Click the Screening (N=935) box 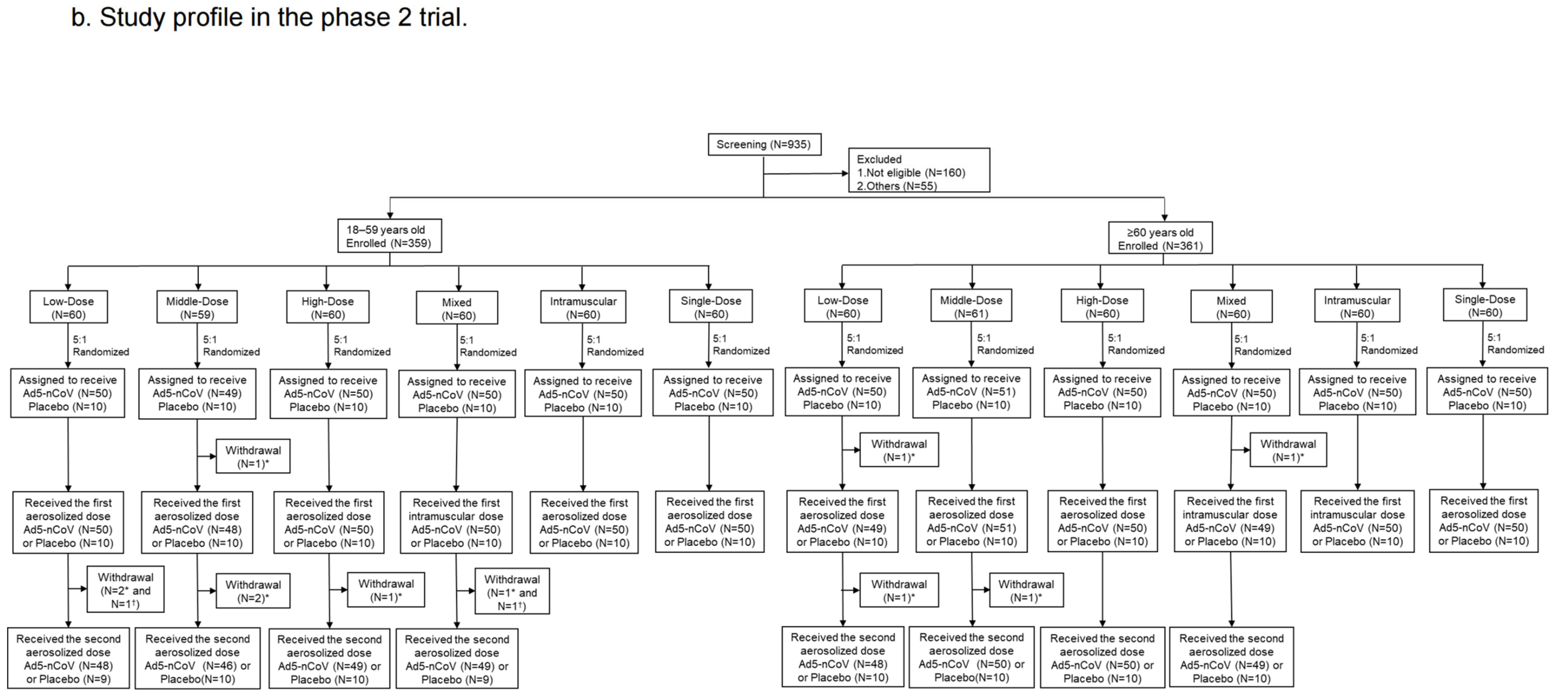(x=764, y=144)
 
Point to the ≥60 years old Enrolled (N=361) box (x=1160, y=238)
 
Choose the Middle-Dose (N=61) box (x=971, y=306)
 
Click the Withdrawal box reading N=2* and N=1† (x=125, y=590)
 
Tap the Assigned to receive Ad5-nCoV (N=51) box (x=971, y=392)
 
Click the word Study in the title (x=131, y=17)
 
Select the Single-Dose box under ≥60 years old (x=1484, y=306)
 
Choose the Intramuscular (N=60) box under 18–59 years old (x=583, y=307)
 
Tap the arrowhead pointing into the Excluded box (x=845, y=173)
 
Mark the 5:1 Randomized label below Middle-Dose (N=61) (x=1004, y=344)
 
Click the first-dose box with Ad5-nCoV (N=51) (x=971, y=522)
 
